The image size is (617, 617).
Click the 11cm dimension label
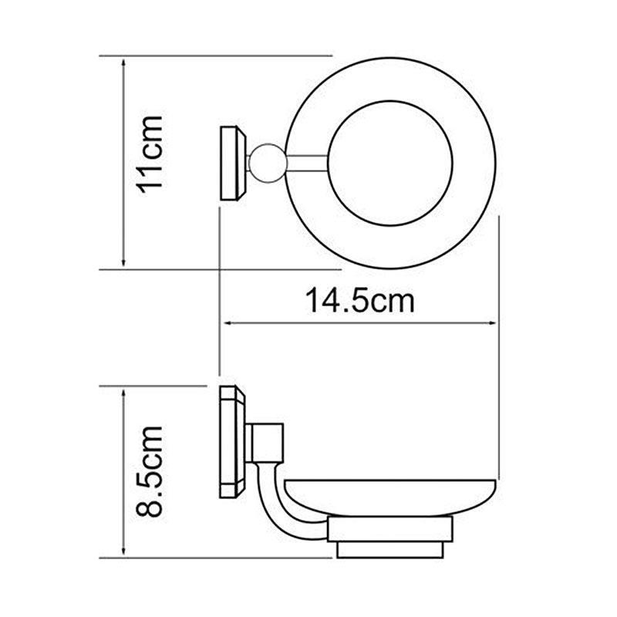coord(150,154)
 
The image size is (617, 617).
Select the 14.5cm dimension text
coord(360,301)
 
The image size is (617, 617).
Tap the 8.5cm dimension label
coord(150,471)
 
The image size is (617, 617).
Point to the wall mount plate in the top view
coord(233,164)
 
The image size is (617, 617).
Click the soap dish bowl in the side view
coord(389,497)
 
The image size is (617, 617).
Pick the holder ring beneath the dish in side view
coord(390,529)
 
